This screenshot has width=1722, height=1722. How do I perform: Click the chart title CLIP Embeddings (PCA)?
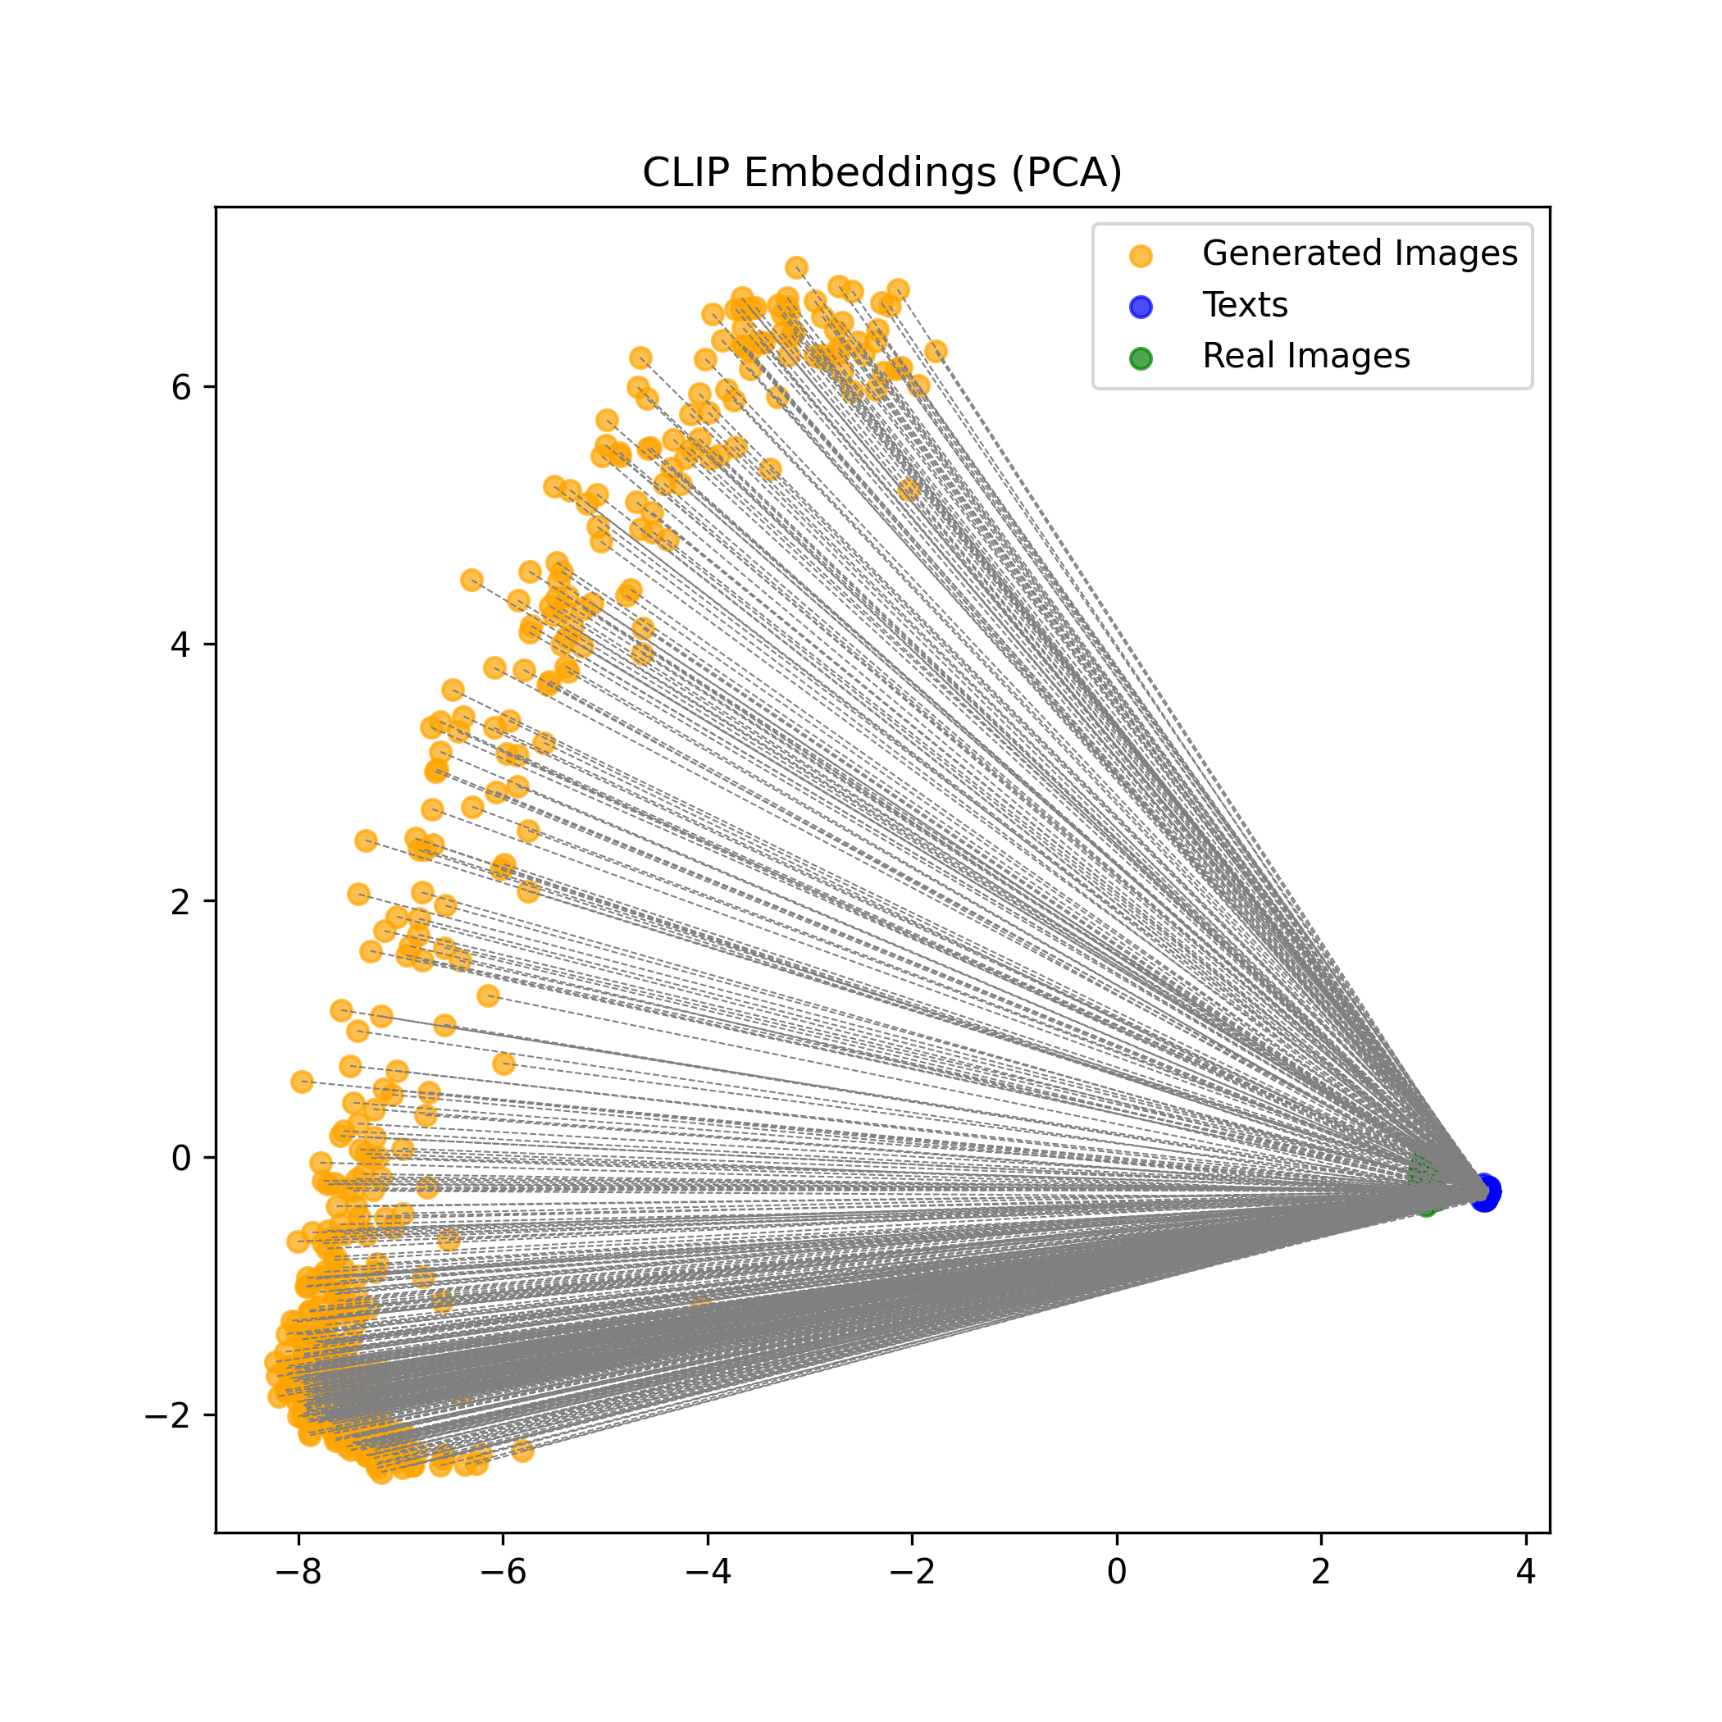(881, 173)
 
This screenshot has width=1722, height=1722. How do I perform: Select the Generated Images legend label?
(1360, 254)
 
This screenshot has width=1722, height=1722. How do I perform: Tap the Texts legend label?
(1244, 306)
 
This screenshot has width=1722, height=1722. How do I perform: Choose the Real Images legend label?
(1305, 357)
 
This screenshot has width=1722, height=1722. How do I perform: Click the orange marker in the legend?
(1141, 257)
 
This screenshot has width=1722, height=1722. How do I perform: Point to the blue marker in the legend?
(1141, 307)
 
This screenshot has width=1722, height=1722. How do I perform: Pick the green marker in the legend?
(1141, 358)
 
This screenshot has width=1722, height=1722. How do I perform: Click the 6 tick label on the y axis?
(181, 388)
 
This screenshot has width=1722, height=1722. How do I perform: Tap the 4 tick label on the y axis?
(181, 645)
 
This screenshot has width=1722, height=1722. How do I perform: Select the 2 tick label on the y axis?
(181, 902)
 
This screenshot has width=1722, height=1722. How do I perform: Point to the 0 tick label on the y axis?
(181, 1159)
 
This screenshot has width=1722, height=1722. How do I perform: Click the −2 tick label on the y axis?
(170, 1415)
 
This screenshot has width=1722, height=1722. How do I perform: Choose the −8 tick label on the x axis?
(298, 1572)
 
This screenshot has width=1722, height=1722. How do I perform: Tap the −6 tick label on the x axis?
(503, 1572)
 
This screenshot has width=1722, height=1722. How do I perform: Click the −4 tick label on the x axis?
(708, 1572)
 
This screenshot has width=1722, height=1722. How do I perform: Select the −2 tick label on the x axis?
(912, 1572)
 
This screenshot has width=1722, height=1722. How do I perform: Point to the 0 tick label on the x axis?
(1117, 1572)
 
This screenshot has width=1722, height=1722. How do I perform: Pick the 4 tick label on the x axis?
(1526, 1572)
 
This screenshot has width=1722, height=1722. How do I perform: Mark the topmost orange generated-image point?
(796, 267)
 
